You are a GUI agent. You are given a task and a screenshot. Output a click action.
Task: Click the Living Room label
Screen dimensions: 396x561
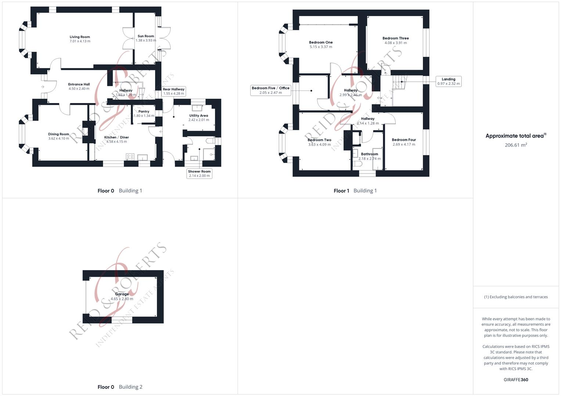[x=80, y=37]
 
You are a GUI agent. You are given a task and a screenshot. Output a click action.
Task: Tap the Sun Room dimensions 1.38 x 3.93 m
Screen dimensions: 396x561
[x=146, y=40]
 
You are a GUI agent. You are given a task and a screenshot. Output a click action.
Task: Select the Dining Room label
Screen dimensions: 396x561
[x=58, y=134]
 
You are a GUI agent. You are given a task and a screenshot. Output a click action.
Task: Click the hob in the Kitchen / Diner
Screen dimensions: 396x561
[x=130, y=157]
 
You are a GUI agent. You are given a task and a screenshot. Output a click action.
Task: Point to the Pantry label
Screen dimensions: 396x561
[x=144, y=111]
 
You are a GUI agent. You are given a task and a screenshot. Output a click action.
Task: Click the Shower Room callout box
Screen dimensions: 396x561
[x=199, y=173]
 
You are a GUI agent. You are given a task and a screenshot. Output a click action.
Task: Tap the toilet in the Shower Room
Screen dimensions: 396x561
[x=211, y=140]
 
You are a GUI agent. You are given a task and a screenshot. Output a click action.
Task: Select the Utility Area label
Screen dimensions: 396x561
[x=198, y=115]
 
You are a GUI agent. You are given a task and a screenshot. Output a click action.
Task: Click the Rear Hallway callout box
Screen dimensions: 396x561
[x=174, y=91]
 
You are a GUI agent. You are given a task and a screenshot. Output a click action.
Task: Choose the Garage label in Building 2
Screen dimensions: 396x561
[x=122, y=294]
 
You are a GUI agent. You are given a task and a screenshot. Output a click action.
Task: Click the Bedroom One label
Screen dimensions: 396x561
[x=321, y=43]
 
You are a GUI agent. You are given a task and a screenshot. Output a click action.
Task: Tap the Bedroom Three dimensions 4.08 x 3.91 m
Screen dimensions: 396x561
[x=396, y=43]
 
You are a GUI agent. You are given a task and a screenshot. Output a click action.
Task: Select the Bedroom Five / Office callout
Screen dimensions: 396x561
[x=270, y=90]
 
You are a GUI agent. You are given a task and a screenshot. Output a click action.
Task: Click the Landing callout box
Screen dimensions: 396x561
[x=448, y=81]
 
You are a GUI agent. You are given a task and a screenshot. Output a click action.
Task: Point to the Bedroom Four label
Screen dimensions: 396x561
[x=404, y=140]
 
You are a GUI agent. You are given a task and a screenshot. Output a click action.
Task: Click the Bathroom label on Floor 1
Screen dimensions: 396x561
[x=369, y=154]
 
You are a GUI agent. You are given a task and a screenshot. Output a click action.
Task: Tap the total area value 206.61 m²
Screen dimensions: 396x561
[x=516, y=145]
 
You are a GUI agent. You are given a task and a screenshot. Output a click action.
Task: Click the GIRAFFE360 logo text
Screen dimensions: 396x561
[x=516, y=380]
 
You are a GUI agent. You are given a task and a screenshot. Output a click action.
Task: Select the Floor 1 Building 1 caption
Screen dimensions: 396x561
[x=355, y=191]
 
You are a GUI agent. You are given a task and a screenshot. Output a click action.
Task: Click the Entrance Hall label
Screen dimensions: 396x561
[x=79, y=84]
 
